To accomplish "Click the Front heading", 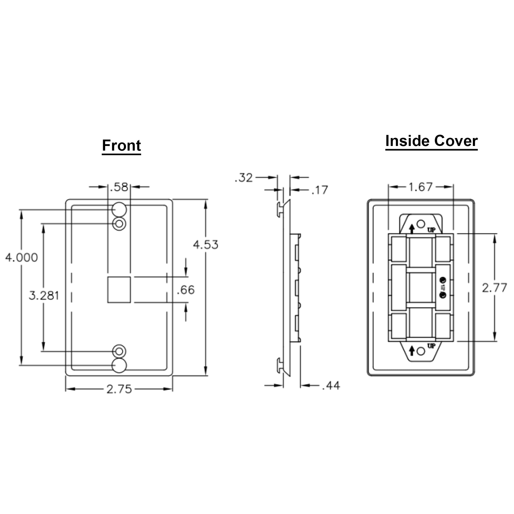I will (121, 145).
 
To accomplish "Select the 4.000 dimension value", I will (22, 258).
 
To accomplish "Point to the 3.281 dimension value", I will (44, 296).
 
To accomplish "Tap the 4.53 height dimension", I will (206, 244).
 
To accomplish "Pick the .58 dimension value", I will (119, 187).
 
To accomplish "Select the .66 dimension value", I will (186, 290).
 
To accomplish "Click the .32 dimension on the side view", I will (244, 178).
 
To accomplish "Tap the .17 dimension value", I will (320, 190).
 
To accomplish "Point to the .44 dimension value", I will (331, 385).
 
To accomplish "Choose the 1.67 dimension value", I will (420, 187).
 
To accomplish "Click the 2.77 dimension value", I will (494, 288).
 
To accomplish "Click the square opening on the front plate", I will (119, 290).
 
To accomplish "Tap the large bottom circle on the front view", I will (119, 365).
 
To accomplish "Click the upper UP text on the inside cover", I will (431, 229).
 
